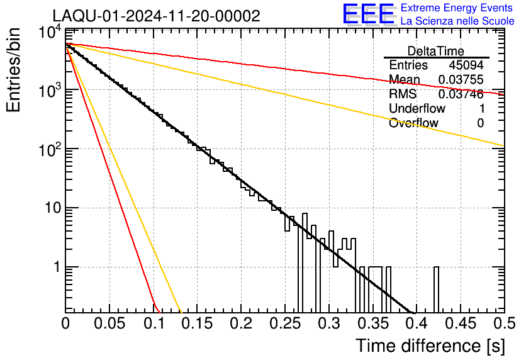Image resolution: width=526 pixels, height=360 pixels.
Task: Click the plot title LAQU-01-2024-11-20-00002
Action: (156, 16)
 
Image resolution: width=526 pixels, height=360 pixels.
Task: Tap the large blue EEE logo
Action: (369, 14)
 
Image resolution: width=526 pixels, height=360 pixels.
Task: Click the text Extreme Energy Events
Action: (457, 8)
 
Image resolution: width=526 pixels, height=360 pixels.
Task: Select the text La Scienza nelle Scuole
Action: (457, 21)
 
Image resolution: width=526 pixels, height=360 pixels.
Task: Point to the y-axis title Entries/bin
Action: (13, 70)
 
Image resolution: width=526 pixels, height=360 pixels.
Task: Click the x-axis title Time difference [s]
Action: (430, 346)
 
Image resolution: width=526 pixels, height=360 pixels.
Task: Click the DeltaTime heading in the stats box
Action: (436, 51)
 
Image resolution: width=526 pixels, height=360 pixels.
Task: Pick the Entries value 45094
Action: (466, 65)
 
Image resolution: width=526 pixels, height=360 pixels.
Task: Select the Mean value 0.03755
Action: (461, 79)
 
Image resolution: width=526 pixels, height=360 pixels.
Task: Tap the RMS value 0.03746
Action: (461, 94)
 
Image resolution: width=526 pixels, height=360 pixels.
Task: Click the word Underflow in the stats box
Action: (417, 108)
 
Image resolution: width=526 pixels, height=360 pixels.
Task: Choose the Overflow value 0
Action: (480, 123)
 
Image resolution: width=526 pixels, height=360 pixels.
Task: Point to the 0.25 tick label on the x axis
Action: (285, 323)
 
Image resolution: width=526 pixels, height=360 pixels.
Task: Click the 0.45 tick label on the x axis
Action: (461, 323)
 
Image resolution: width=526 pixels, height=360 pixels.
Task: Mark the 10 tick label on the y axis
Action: (53, 208)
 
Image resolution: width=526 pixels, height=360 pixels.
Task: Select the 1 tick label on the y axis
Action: (57, 267)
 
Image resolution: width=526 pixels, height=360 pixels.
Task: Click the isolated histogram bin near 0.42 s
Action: (436, 290)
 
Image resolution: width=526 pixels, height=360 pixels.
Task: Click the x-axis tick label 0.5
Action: (505, 323)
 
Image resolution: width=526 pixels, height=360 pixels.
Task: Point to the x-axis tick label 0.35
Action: (372, 323)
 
